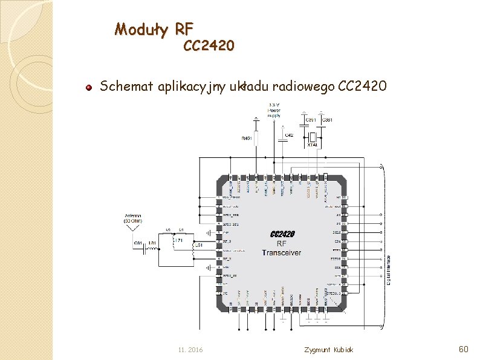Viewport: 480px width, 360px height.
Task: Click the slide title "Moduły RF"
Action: coord(154,28)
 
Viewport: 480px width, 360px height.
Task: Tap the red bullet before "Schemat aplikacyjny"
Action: coord(88,87)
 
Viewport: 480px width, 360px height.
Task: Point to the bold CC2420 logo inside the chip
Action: coord(282,234)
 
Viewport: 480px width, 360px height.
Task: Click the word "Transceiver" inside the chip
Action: coord(281,252)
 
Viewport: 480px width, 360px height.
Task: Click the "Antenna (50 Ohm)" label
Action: coord(133,218)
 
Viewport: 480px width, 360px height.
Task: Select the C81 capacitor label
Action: coord(138,243)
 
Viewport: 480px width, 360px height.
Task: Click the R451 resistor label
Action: coord(247,139)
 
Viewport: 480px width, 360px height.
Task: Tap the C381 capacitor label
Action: coord(327,120)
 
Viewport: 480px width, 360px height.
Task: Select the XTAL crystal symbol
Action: coord(312,137)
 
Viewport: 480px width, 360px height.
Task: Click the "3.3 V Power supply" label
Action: coord(273,111)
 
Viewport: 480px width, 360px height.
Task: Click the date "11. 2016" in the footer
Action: coord(191,350)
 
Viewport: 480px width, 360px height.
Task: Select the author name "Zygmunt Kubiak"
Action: coord(328,350)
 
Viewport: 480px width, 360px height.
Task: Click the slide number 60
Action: coord(464,349)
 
